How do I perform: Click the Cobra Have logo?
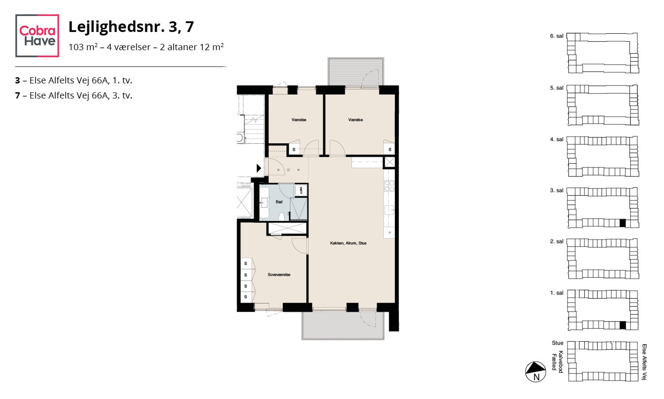(37, 36)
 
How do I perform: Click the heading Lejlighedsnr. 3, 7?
(131, 27)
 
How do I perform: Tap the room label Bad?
(279, 202)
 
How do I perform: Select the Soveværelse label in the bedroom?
(279, 275)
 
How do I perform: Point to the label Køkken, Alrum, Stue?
(348, 243)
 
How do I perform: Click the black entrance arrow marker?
(259, 168)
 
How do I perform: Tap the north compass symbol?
(535, 372)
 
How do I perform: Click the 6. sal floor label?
(557, 36)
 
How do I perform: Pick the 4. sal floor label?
(557, 139)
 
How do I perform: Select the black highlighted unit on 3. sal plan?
(622, 223)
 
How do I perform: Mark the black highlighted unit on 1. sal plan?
(622, 325)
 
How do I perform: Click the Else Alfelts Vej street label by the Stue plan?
(644, 362)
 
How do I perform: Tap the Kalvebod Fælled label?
(558, 361)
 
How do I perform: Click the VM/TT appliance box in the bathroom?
(301, 190)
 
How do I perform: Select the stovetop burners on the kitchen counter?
(389, 186)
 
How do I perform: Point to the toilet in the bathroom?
(282, 216)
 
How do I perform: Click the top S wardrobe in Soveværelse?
(246, 264)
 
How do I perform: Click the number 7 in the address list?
(17, 96)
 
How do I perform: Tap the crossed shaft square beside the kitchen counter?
(389, 162)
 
